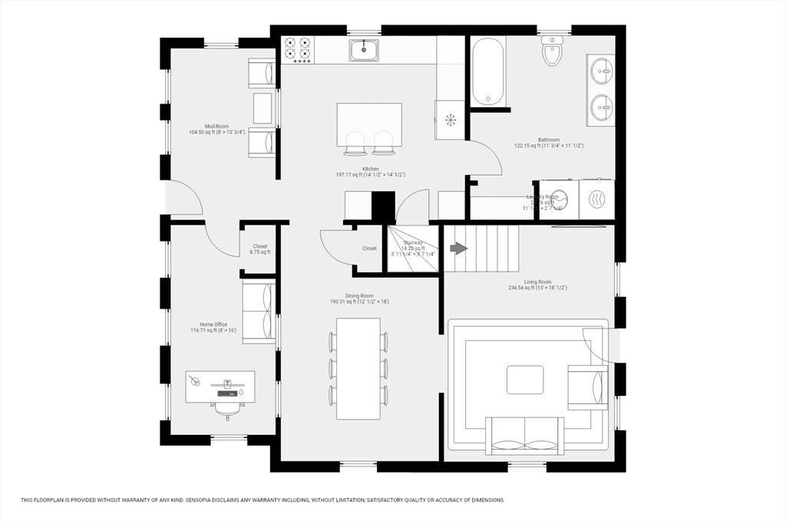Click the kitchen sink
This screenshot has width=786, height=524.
(364, 51)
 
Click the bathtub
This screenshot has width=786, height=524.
(487, 72)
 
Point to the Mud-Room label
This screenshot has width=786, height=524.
(216, 126)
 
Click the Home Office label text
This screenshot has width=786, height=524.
(213, 325)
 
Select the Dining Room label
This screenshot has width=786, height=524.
(359, 295)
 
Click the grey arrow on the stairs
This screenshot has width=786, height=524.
(458, 249)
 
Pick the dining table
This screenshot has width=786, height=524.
(359, 368)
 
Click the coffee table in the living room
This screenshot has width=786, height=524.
(525, 380)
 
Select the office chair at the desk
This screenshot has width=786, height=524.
(224, 409)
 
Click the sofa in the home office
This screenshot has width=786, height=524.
(259, 311)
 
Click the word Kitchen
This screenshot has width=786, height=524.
(370, 169)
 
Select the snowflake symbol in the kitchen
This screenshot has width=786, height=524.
(451, 120)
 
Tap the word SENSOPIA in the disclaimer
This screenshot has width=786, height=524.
(203, 500)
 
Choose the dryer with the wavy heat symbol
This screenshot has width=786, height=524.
(596, 199)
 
